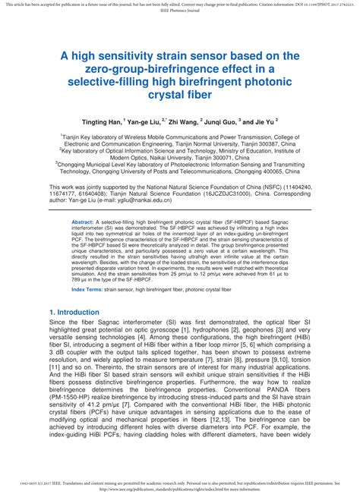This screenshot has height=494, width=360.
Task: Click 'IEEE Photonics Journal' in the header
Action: (180, 11)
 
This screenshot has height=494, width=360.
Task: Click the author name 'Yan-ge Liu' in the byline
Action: (144, 121)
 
